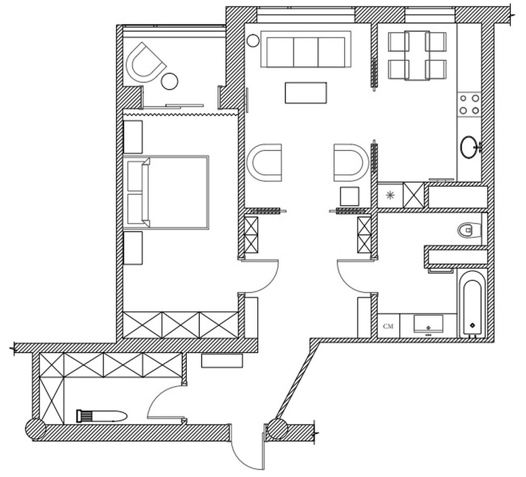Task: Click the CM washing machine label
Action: click(388, 326)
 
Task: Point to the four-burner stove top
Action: click(470, 105)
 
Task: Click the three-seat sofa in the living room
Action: click(306, 49)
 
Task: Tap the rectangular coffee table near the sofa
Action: click(306, 93)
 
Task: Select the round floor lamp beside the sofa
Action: click(253, 40)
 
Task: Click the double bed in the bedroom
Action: click(166, 192)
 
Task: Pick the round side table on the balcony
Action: click(170, 81)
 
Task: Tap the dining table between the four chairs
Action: click(417, 56)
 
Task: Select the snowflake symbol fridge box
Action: click(390, 195)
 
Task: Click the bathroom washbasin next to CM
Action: click(428, 324)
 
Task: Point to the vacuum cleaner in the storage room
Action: click(102, 417)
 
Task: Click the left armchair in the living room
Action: click(265, 163)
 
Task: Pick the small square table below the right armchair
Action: click(350, 196)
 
